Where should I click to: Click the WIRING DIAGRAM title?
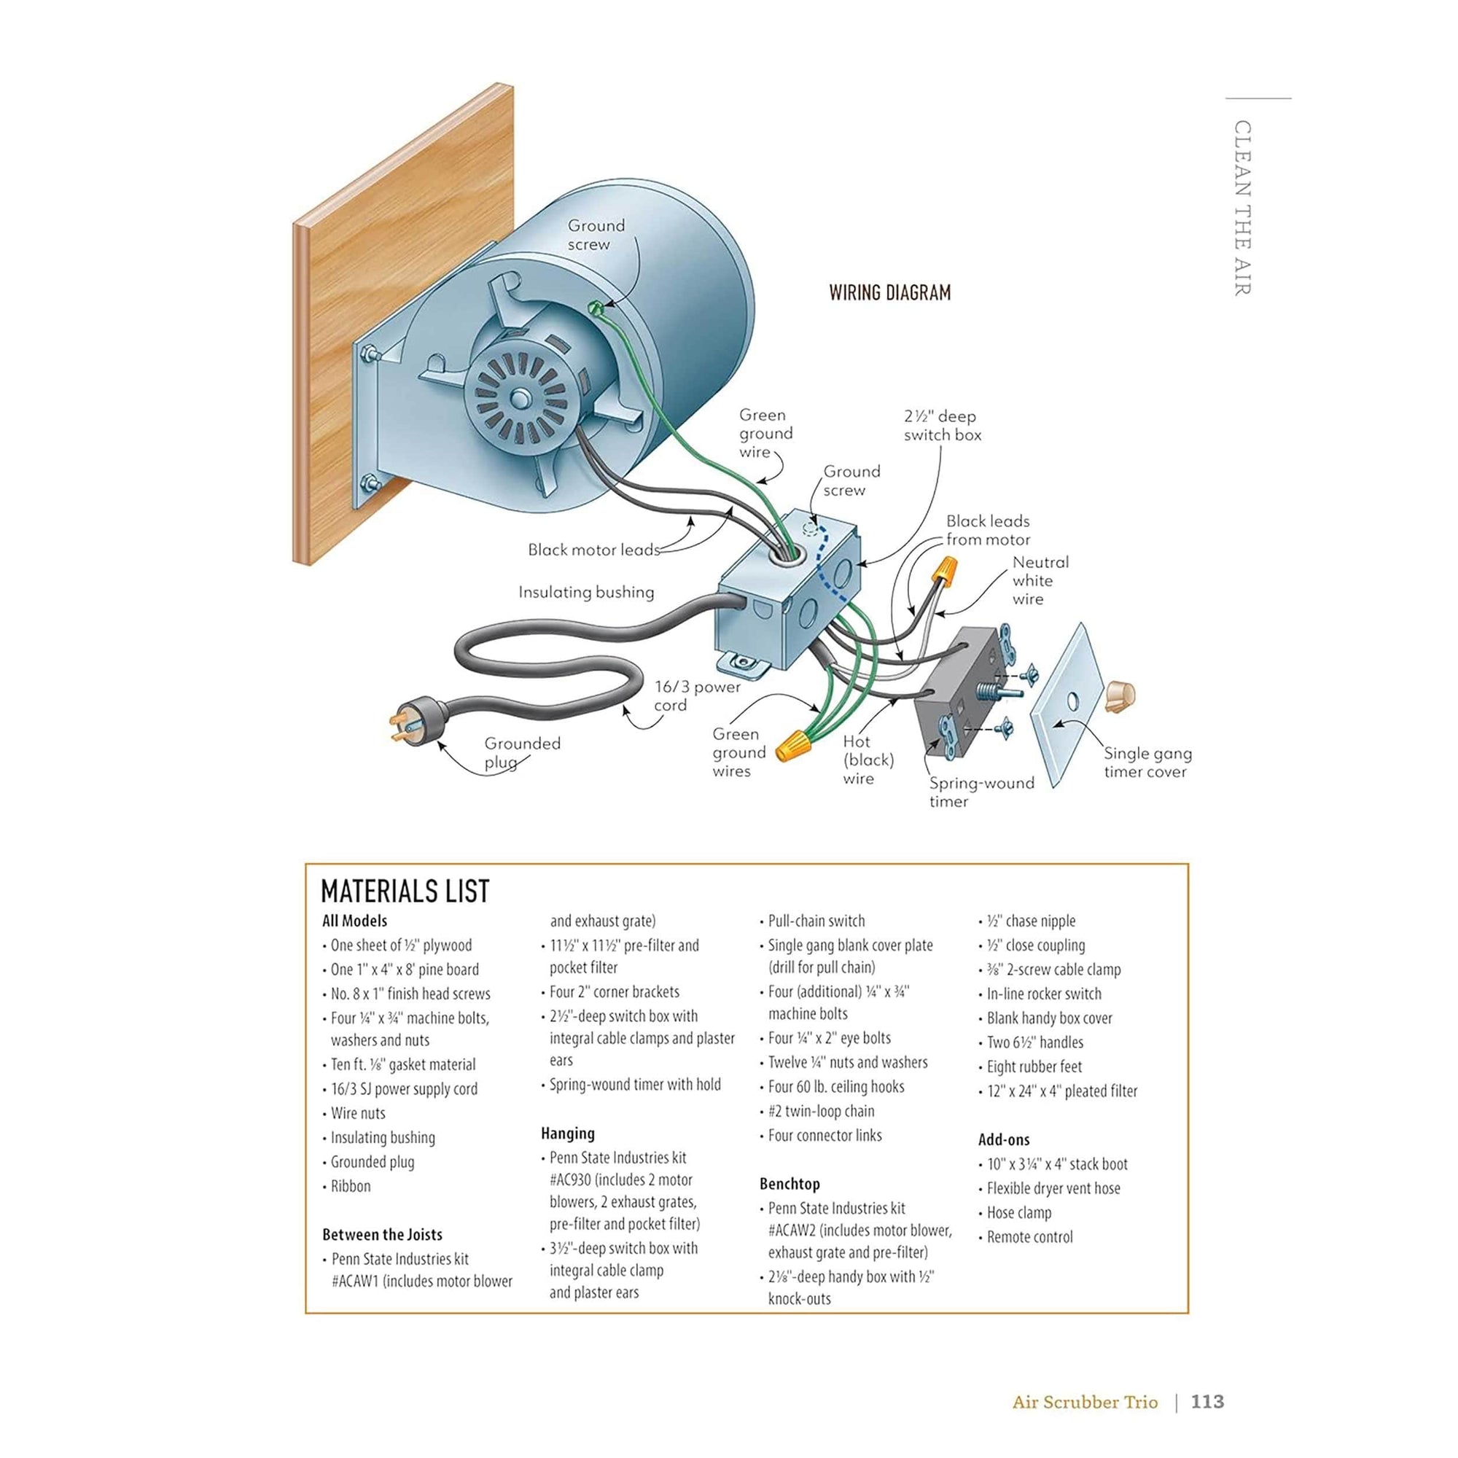tap(889, 293)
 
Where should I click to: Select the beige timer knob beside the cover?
tap(1121, 695)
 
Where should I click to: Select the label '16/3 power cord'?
tap(695, 695)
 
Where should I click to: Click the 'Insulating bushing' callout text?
tap(585, 593)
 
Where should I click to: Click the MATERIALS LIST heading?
tap(405, 892)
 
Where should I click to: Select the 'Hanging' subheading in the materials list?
tap(567, 1134)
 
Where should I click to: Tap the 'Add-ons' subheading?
tap(1003, 1139)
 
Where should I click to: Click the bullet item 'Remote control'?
tap(1029, 1237)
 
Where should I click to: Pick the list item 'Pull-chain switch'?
tap(816, 921)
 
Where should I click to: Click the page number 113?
tap(1206, 1401)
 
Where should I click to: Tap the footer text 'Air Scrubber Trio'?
tap(1085, 1402)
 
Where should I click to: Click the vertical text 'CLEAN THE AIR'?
tap(1242, 208)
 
